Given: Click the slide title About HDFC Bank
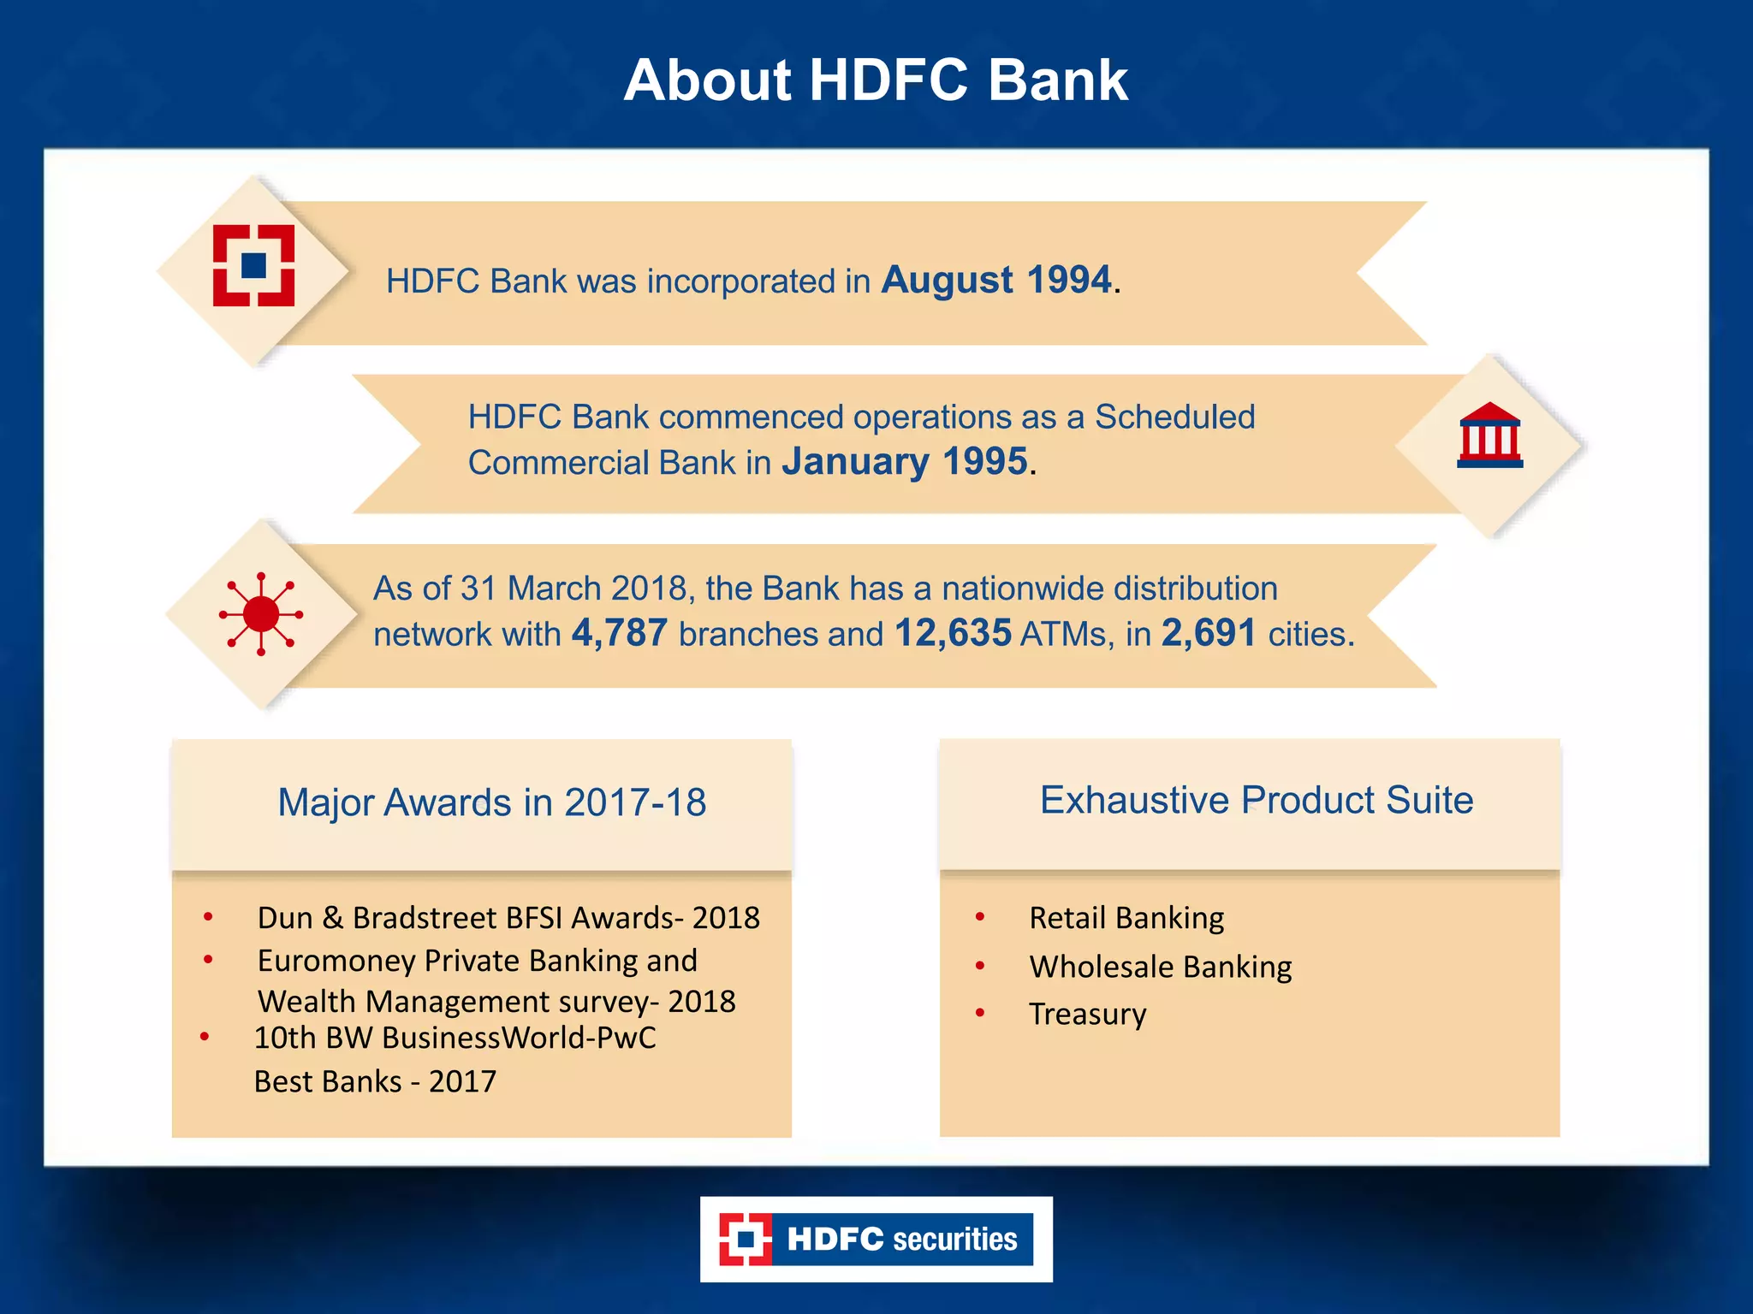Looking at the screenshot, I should [876, 80].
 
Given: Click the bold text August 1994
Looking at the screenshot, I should [996, 280].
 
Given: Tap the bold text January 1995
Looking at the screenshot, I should [904, 462].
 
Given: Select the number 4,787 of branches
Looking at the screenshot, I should [619, 634].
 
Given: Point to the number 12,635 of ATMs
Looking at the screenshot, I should [953, 634].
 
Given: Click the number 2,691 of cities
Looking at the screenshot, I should [1208, 634].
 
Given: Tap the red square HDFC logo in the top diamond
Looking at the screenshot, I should [253, 265].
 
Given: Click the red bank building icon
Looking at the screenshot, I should [1489, 435].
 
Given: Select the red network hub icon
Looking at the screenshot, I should [261, 614].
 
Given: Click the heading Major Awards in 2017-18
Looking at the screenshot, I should [491, 802].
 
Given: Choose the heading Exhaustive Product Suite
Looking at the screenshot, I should [1256, 801].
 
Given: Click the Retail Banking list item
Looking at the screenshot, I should [1126, 918].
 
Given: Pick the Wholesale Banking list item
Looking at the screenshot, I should [1160, 967].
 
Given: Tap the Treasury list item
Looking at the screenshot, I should [1087, 1014].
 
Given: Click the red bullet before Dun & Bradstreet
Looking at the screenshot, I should [208, 917].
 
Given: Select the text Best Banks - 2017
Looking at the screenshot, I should [375, 1081].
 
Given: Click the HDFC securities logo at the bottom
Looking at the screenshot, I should [876, 1239].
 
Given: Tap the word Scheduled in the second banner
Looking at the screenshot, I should [1174, 417].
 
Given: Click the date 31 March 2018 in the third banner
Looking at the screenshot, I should [573, 589].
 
